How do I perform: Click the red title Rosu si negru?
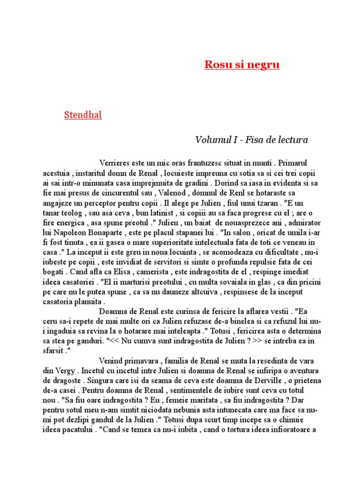click(x=242, y=64)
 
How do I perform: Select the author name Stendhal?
click(x=83, y=115)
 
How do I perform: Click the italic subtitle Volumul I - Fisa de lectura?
click(x=252, y=140)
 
